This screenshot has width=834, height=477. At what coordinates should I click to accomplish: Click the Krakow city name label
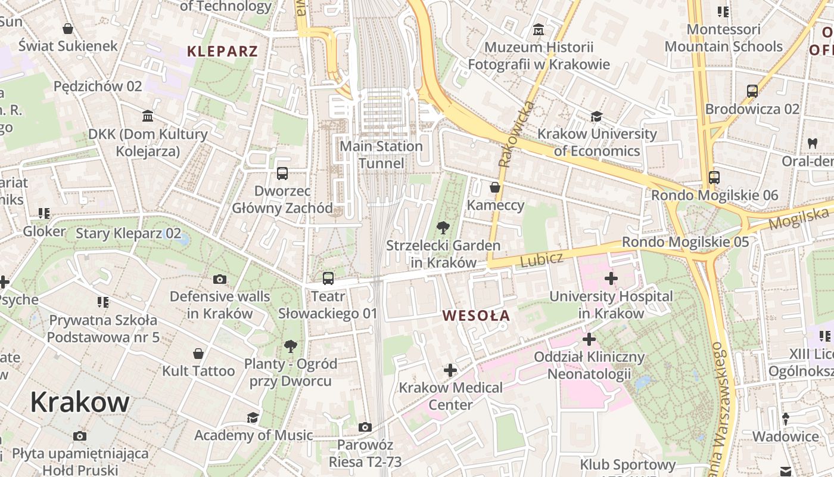pos(80,402)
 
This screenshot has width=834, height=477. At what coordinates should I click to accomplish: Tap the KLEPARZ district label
pos(222,51)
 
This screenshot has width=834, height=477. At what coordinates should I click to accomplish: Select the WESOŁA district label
pos(477,315)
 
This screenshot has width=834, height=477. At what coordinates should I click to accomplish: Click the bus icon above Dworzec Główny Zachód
pos(282,174)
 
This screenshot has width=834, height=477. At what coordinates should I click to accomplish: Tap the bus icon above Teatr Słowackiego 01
pos(328,278)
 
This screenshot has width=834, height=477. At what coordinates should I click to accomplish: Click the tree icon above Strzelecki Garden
pos(443,227)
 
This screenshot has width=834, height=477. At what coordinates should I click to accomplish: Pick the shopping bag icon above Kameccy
pos(494,187)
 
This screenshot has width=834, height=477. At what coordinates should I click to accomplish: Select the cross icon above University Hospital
pos(611,278)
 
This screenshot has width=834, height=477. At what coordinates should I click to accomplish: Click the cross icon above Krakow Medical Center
pos(450,370)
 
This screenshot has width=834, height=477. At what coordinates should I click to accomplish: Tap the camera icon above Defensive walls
pos(220,279)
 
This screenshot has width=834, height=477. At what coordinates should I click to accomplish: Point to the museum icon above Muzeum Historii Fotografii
pos(539,29)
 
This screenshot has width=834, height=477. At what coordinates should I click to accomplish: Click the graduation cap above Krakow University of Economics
pos(596,116)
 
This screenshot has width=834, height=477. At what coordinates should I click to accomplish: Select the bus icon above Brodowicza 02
pos(752,91)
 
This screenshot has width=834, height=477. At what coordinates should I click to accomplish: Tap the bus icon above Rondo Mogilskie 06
pos(714,177)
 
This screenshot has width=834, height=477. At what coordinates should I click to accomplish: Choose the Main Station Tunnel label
pos(381,154)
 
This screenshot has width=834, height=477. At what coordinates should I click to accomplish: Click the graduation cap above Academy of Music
pos(253,417)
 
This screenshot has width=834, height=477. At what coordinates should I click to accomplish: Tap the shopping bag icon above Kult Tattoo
pos(198,354)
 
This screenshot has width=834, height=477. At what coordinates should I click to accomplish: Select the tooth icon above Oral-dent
pos(811,143)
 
